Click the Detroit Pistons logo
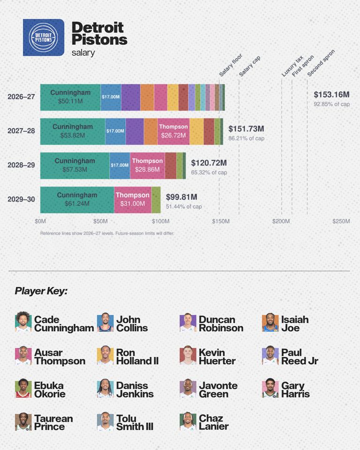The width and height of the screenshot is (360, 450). (x=44, y=37)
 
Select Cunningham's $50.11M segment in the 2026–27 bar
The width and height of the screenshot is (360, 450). (x=70, y=97)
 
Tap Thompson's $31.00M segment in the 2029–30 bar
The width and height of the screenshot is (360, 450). (x=133, y=200)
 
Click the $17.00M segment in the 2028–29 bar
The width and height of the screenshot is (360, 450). (x=120, y=165)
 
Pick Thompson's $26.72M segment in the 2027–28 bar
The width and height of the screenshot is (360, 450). (x=173, y=131)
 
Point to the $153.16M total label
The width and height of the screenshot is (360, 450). (x=331, y=94)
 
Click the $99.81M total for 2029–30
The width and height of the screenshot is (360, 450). (x=181, y=197)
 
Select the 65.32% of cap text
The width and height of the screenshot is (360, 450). (x=209, y=172)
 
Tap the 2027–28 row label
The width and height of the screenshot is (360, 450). (x=21, y=131)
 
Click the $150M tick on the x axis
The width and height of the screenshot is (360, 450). (x=221, y=221)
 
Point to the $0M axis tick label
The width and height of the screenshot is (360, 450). (x=40, y=221)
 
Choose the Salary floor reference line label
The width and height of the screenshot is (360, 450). (x=231, y=65)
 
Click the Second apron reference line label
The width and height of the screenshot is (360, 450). (x=321, y=63)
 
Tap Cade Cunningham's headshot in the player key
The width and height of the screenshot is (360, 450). (x=23, y=322)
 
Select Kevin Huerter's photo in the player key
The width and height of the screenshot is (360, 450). (x=188, y=355)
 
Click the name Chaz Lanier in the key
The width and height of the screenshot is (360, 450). (x=214, y=422)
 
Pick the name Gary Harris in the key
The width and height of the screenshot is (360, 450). (x=295, y=390)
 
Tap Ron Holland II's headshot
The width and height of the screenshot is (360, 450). (x=105, y=355)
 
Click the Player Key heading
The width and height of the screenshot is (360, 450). (x=41, y=291)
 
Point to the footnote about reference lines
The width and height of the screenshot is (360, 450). (x=107, y=233)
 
